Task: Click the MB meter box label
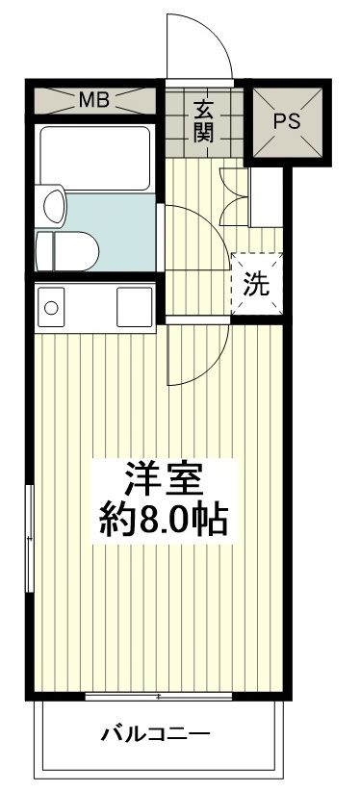tap(93, 99)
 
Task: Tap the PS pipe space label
tap(288, 121)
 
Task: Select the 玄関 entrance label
tap(202, 120)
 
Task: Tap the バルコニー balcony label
tap(156, 736)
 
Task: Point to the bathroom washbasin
tap(55, 205)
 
